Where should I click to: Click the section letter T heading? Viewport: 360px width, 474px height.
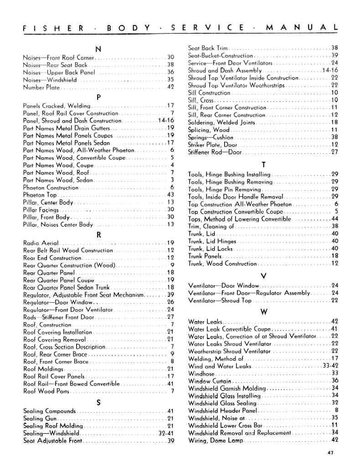pyautogui.click(x=263, y=165)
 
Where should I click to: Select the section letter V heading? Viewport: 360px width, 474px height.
pyautogui.click(x=263, y=276)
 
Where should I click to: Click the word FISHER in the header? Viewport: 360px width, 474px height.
pyautogui.click(x=53, y=28)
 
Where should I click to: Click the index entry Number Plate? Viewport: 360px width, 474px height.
pyautogui.click(x=41, y=87)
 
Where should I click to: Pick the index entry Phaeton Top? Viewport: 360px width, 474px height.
pyautogui.click(x=40, y=195)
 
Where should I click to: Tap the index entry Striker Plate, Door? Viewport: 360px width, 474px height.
pyautogui.click(x=212, y=144)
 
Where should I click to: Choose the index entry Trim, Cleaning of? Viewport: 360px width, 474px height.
pyautogui.click(x=211, y=226)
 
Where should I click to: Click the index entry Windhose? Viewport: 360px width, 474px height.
pyautogui.click(x=201, y=373)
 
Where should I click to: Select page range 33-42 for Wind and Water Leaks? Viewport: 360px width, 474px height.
pyautogui.click(x=330, y=366)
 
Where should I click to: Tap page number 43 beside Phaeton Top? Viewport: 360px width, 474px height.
pyautogui.click(x=171, y=195)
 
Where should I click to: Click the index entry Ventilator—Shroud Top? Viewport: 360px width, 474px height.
pyautogui.click(x=220, y=300)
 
